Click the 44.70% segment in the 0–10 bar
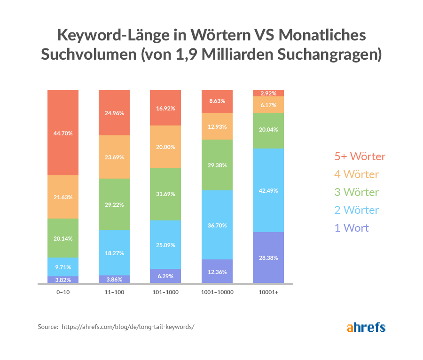coord(63,133)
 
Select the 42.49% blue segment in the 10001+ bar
coord(268,190)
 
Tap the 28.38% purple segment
coord(268,258)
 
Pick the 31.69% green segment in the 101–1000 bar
coord(165,194)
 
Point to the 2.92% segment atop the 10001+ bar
coord(268,93)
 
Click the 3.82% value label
coord(63,280)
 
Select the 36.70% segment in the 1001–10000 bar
coord(217,225)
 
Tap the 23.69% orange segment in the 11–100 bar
coord(114,157)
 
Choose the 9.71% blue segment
coord(63,267)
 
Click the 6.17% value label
coord(268,105)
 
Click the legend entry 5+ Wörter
coord(360,157)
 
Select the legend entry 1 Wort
coord(352,228)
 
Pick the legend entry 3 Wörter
coord(356,192)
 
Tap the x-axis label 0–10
coord(63,292)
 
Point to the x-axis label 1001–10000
coord(217,292)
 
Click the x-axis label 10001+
coord(268,292)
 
